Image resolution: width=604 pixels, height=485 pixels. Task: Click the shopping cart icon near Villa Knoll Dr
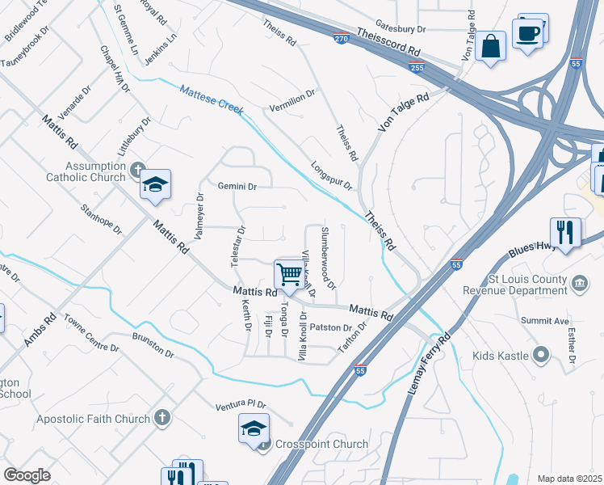[289, 273]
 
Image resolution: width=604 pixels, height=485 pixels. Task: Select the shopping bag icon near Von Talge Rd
[490, 46]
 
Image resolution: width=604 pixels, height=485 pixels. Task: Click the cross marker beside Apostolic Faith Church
[162, 418]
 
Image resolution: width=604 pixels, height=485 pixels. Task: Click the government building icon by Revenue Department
[579, 283]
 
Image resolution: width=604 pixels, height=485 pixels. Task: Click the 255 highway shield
[417, 68]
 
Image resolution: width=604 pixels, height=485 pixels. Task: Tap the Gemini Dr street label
[237, 186]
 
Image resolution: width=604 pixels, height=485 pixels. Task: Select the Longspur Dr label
[332, 175]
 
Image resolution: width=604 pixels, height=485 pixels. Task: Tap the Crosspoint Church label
[321, 444]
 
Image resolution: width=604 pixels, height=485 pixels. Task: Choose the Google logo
[27, 475]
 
